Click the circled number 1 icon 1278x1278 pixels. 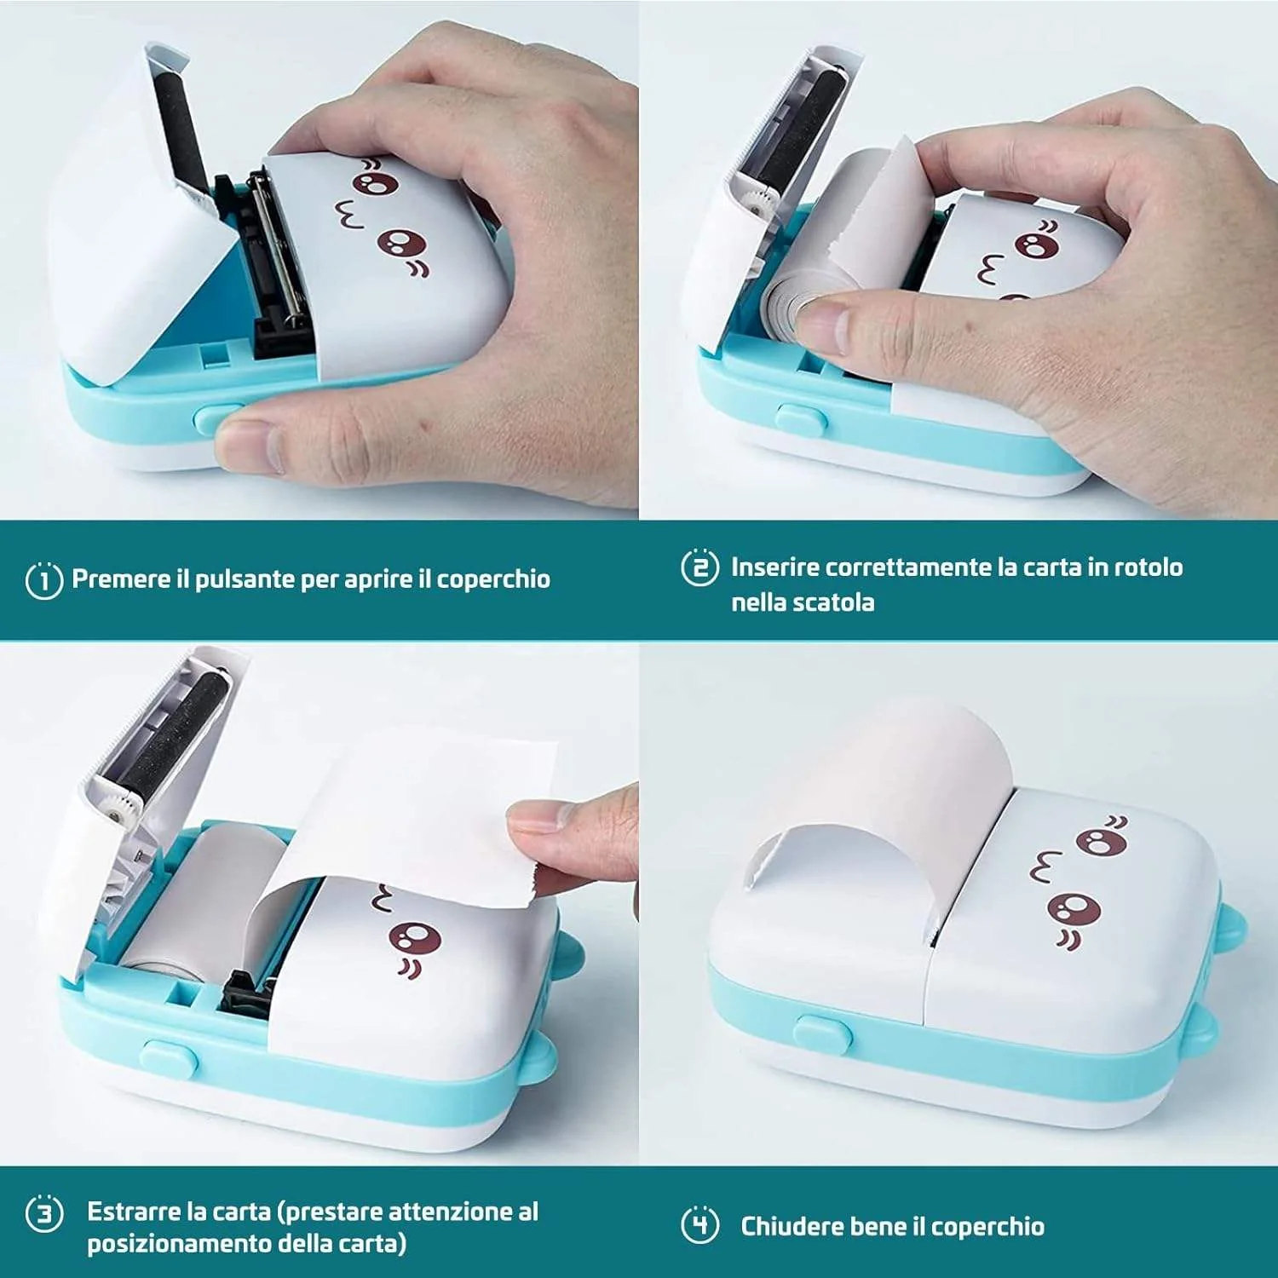pos(44,580)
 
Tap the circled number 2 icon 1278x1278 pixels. pos(699,567)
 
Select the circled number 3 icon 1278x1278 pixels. pos(44,1213)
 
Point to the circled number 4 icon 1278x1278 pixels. pos(699,1225)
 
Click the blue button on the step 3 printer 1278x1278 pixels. pos(169,1057)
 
